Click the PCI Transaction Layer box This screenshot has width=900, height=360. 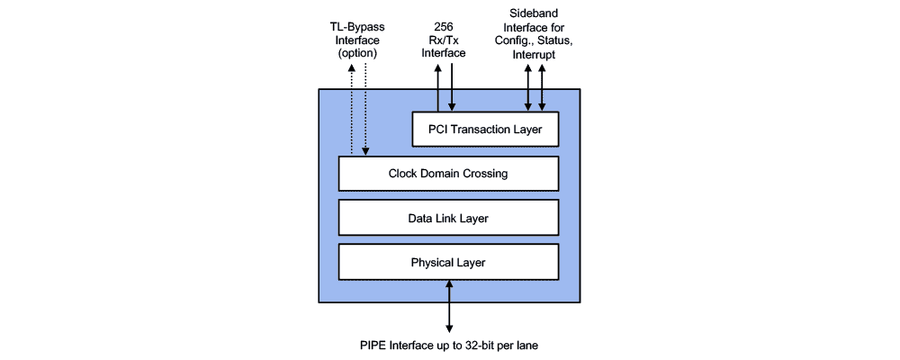[485, 130]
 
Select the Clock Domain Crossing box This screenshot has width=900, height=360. [448, 174]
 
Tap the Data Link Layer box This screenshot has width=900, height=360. [448, 218]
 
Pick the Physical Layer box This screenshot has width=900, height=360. [448, 262]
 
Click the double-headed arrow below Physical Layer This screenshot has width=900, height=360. [449, 306]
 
